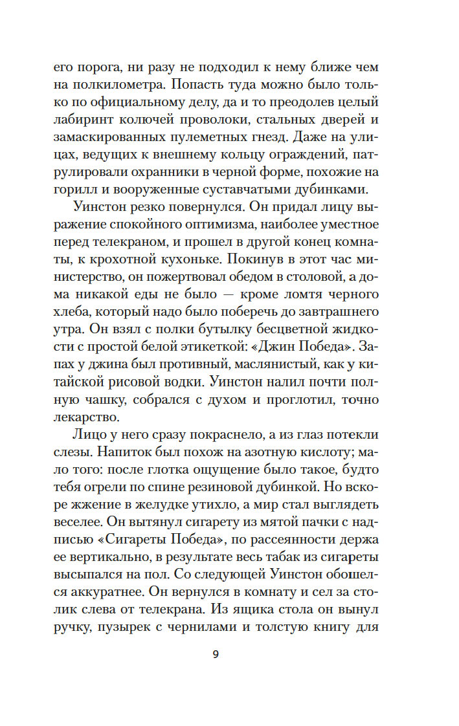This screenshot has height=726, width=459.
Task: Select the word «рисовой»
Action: (x=175, y=383)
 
